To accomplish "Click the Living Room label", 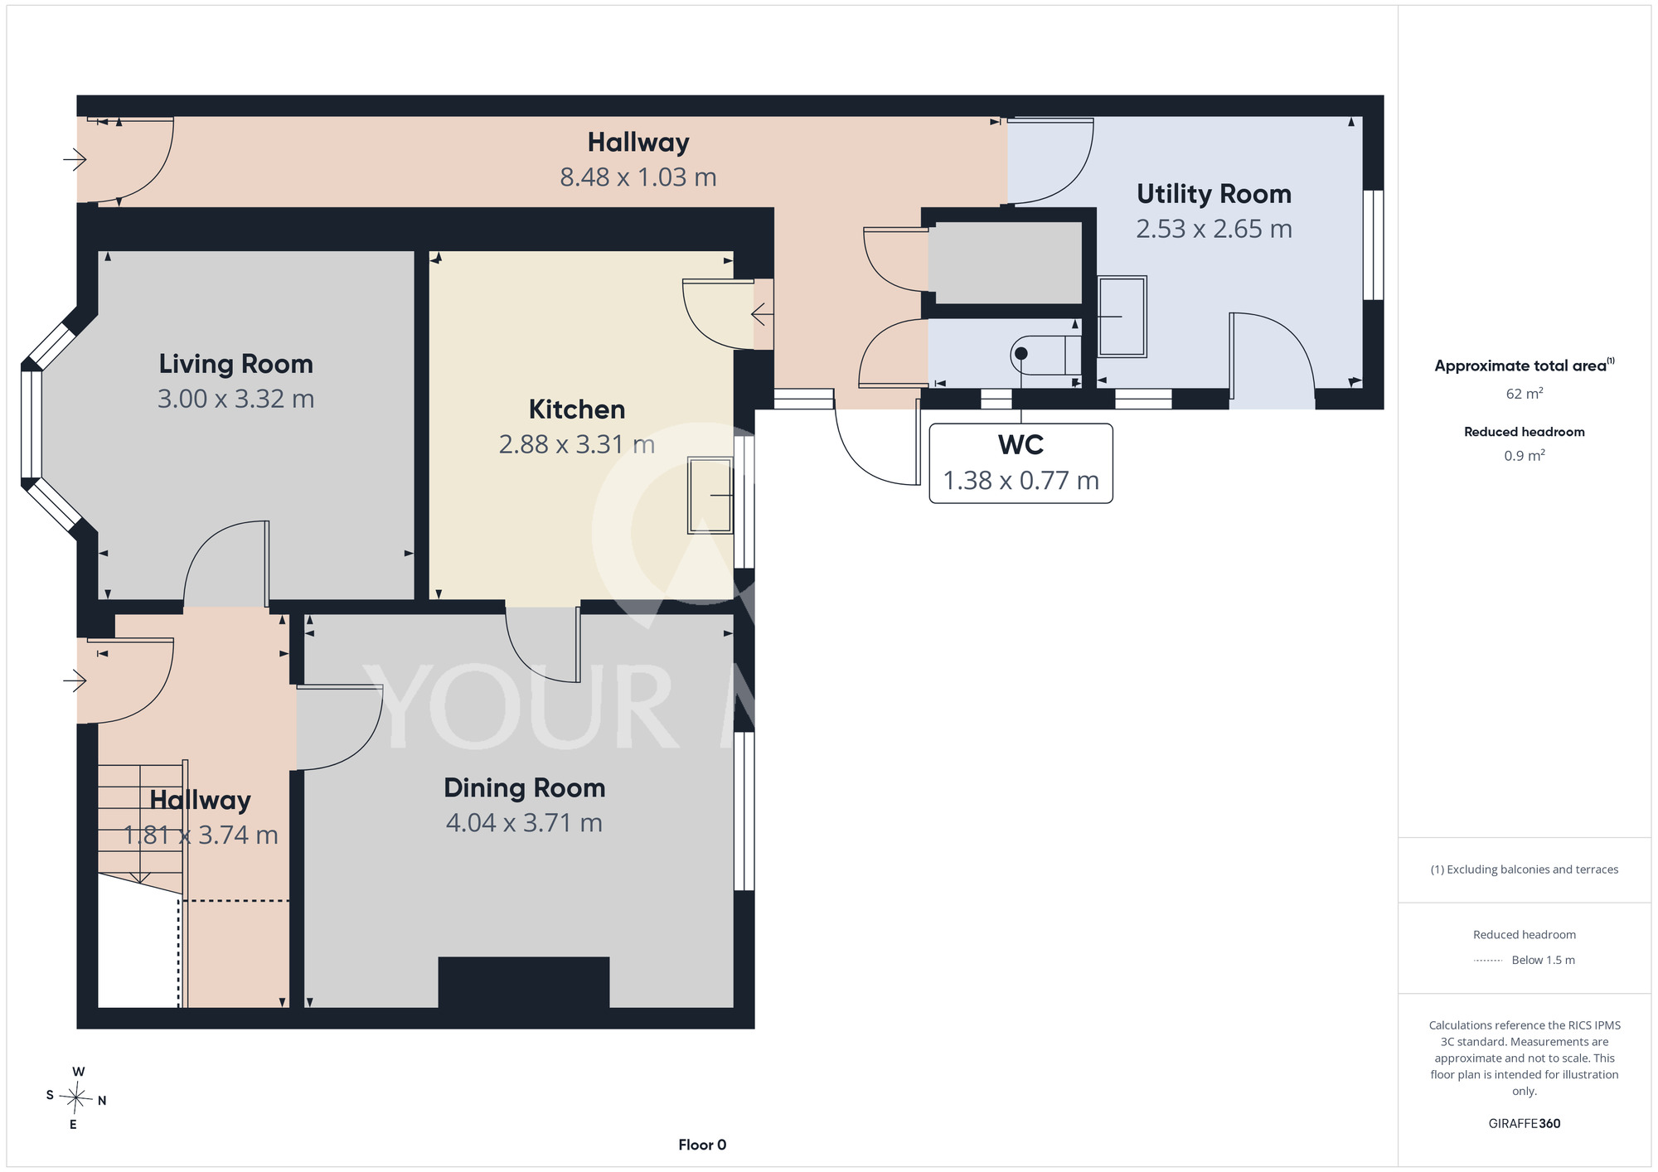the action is click(x=235, y=364).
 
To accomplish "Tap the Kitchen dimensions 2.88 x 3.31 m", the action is click(x=577, y=444).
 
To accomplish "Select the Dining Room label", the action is click(x=525, y=787).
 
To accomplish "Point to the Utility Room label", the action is click(x=1214, y=194).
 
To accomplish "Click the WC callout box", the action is click(x=1020, y=463).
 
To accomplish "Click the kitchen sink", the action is click(x=710, y=495).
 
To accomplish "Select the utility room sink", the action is click(x=1122, y=317).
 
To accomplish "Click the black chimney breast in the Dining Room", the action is click(x=524, y=982).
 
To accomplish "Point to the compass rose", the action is click(x=76, y=1099).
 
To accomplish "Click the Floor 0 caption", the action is click(x=702, y=1145).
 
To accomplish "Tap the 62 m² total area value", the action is click(x=1525, y=394).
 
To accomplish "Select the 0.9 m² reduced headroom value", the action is click(x=1525, y=455).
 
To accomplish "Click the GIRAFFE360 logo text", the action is click(x=1525, y=1124).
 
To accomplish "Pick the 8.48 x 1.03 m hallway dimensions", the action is click(x=638, y=177).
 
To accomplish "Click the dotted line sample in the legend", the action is click(x=1488, y=961).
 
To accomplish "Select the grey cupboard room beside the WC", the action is click(x=1005, y=263).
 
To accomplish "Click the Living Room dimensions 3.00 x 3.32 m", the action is click(x=235, y=399).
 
